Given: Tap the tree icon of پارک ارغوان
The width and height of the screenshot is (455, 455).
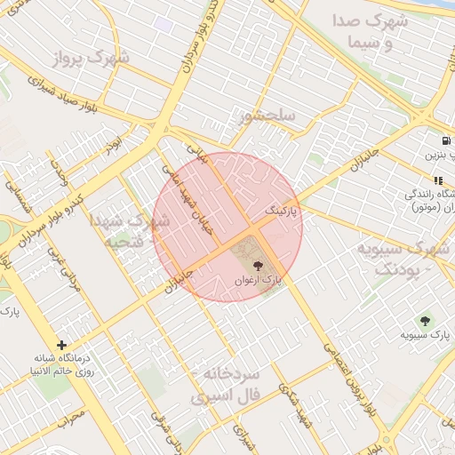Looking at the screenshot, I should click(x=259, y=265).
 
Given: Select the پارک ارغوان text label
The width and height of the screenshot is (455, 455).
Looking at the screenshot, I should click(x=259, y=280).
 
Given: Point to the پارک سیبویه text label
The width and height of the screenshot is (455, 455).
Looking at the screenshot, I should click(x=425, y=335).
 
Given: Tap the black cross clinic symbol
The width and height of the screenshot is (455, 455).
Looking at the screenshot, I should click(x=61, y=345).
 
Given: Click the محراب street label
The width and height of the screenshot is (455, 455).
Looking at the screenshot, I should click(x=76, y=415).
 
